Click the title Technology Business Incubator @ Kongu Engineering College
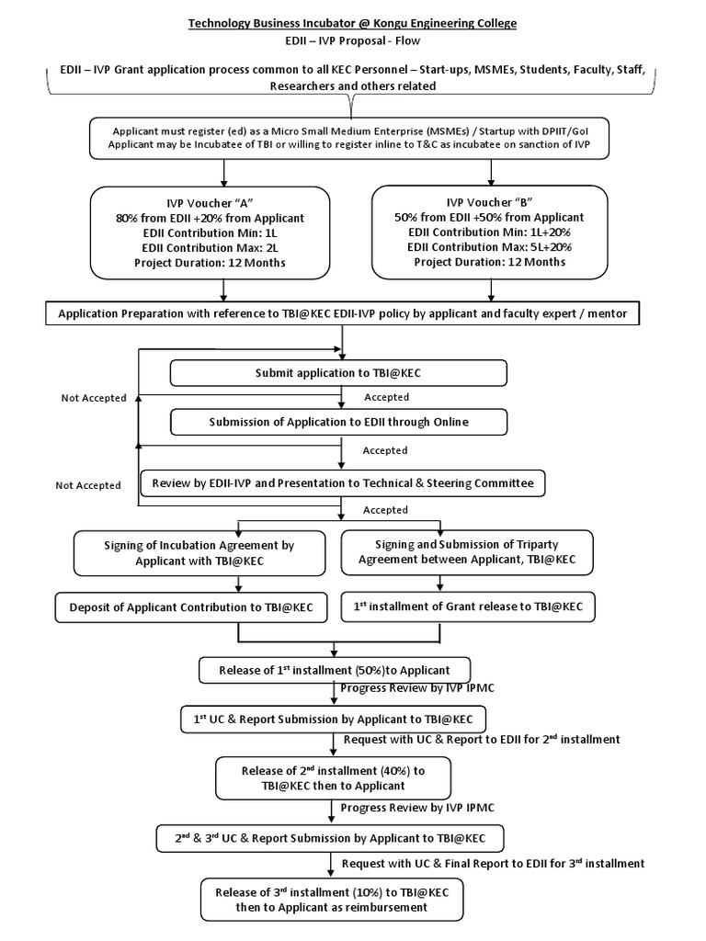tap(352, 22)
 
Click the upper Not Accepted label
tap(94, 398)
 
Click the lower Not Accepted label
tap(87, 485)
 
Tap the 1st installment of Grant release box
tap(468, 607)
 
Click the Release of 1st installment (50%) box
tap(336, 670)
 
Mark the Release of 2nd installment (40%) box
tap(332, 777)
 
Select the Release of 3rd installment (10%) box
tap(332, 900)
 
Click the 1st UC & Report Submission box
tap(333, 719)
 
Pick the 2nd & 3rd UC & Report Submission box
tap(330, 838)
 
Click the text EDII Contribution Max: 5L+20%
tap(491, 247)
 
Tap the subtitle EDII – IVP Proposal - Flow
tap(352, 41)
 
